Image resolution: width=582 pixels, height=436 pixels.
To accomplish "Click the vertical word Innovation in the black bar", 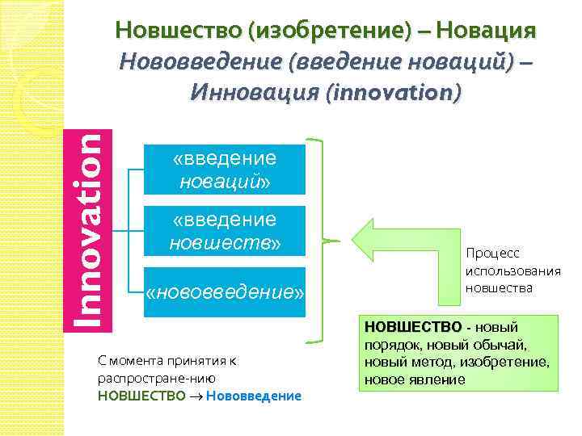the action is (84, 231).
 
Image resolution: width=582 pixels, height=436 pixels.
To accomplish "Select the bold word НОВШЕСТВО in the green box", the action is (412, 328).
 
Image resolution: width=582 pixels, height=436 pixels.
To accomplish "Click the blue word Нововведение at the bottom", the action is (254, 396).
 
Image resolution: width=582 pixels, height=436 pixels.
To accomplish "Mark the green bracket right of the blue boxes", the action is (323, 241).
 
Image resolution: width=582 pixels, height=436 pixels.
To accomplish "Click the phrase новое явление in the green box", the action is (415, 379).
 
